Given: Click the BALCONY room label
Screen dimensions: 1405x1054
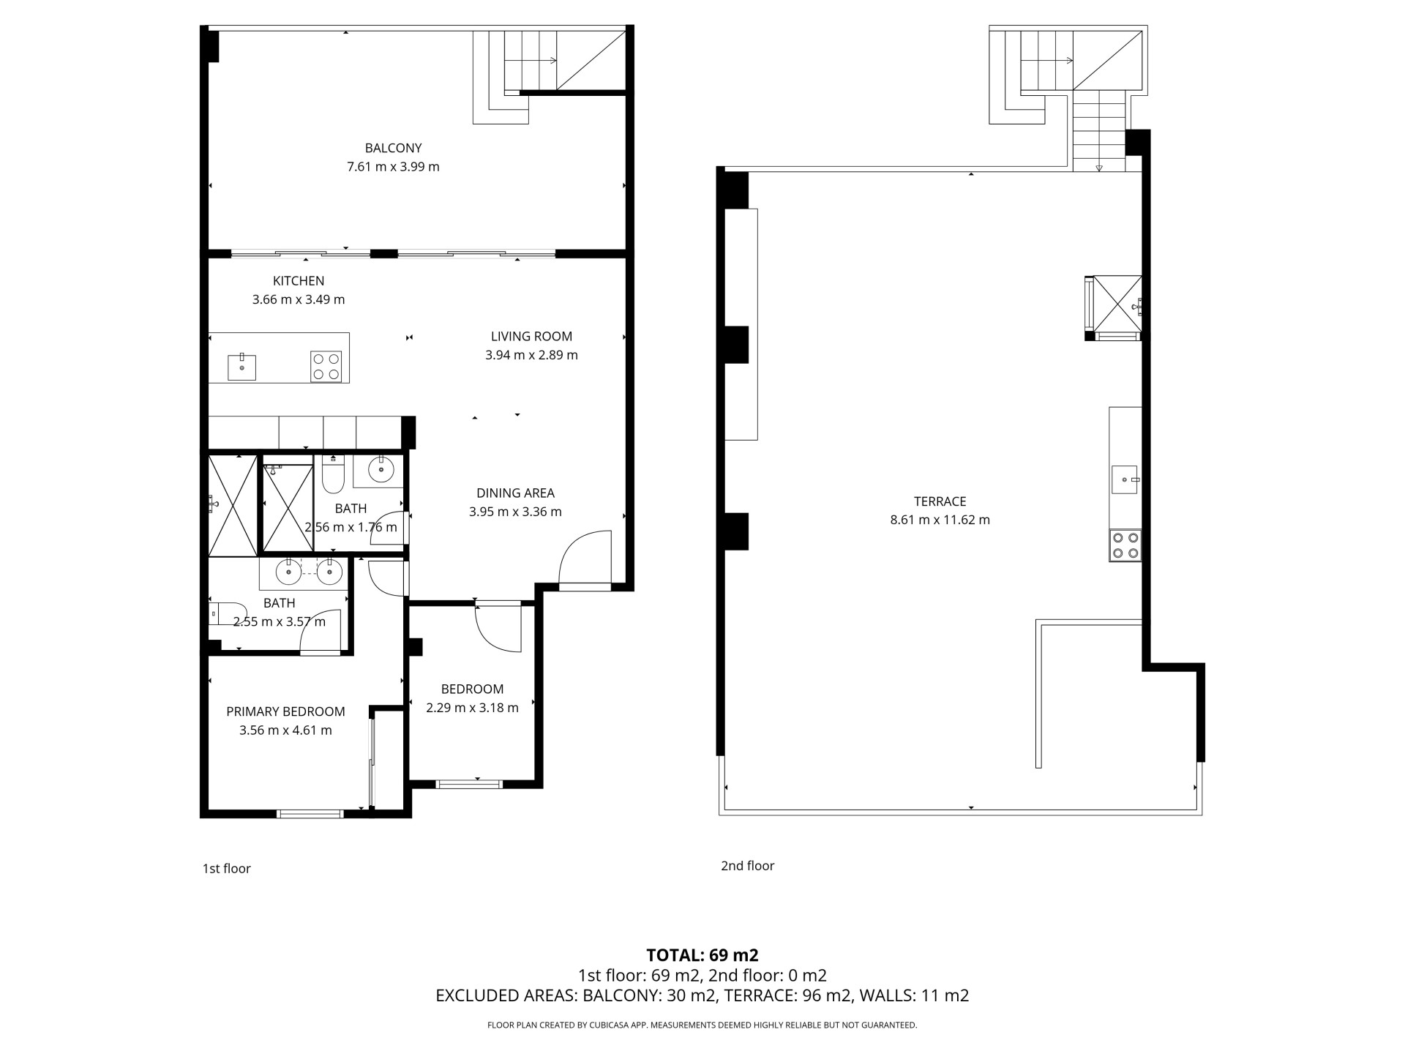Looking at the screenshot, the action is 393,149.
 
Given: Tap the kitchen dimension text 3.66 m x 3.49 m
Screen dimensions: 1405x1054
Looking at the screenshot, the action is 299,299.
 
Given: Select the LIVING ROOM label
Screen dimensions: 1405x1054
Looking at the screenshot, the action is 531,337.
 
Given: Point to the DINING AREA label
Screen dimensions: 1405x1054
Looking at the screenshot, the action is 515,493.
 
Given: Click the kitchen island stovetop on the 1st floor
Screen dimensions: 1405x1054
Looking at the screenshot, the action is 326,367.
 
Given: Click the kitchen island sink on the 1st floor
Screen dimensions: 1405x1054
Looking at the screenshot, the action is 241,367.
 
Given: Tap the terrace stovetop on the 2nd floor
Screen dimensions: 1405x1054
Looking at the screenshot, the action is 1125,545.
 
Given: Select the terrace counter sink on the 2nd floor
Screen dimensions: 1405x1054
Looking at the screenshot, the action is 1125,479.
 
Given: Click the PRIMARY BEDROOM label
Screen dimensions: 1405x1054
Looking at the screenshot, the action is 285,711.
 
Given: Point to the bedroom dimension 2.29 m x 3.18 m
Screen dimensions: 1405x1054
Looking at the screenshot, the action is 472,708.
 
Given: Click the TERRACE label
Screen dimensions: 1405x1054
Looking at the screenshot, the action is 940,501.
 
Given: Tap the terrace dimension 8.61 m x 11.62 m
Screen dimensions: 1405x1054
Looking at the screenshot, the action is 940,520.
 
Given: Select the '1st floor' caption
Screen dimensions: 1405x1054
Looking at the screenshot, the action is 226,869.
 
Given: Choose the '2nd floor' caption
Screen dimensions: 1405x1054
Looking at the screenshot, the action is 747,866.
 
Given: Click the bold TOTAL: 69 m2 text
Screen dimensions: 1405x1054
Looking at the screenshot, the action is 702,955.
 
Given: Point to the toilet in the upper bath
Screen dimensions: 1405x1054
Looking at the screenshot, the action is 333,474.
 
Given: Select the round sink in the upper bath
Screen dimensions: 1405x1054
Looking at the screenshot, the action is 381,468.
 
